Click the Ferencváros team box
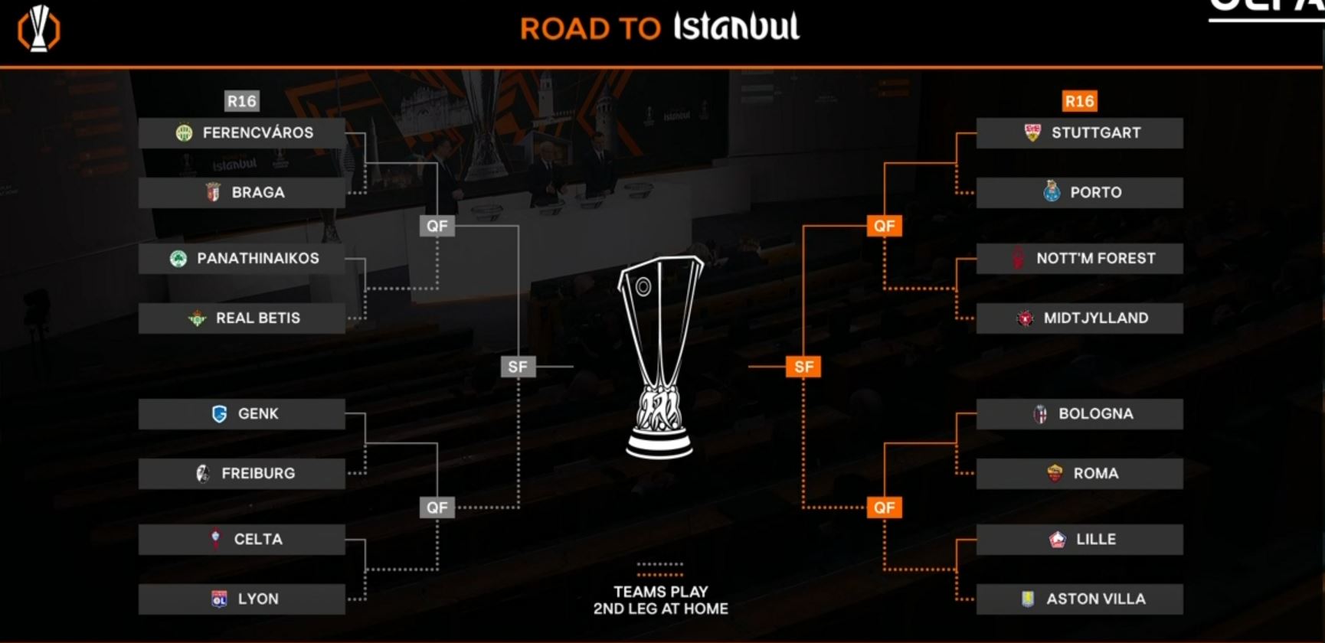click(241, 132)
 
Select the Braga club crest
click(214, 192)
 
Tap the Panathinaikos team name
click(258, 259)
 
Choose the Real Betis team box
click(241, 318)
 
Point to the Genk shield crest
click(220, 414)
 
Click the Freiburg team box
click(241, 473)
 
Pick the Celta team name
click(258, 540)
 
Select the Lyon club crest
click(219, 599)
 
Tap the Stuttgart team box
click(1079, 132)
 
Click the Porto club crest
click(1052, 191)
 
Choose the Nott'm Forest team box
click(1079, 259)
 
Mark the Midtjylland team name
click(1096, 318)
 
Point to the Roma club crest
click(1055, 473)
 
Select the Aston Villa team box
click(1079, 599)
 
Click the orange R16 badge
click(1079, 101)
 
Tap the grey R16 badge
click(241, 101)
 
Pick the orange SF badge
click(803, 367)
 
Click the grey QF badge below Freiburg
click(437, 508)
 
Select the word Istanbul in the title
click(737, 27)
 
